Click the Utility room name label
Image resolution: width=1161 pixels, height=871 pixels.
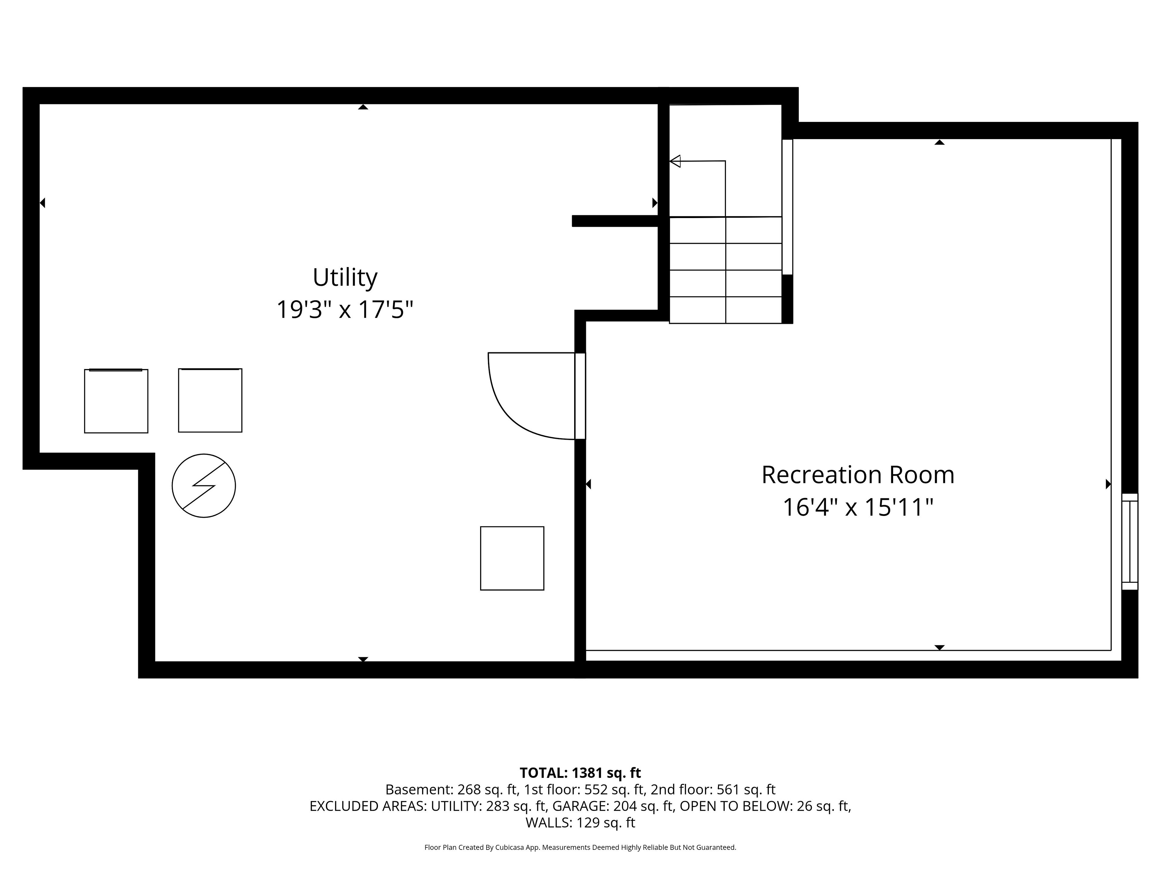(345, 277)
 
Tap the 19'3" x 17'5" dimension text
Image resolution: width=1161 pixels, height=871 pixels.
(345, 309)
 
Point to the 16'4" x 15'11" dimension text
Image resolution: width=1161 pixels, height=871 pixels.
(858, 507)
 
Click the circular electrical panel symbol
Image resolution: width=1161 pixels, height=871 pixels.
(204, 486)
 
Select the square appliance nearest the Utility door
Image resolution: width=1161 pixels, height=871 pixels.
(512, 558)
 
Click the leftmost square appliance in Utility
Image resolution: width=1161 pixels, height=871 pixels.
(116, 401)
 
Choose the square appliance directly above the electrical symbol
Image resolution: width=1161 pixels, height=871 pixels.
(210, 400)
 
